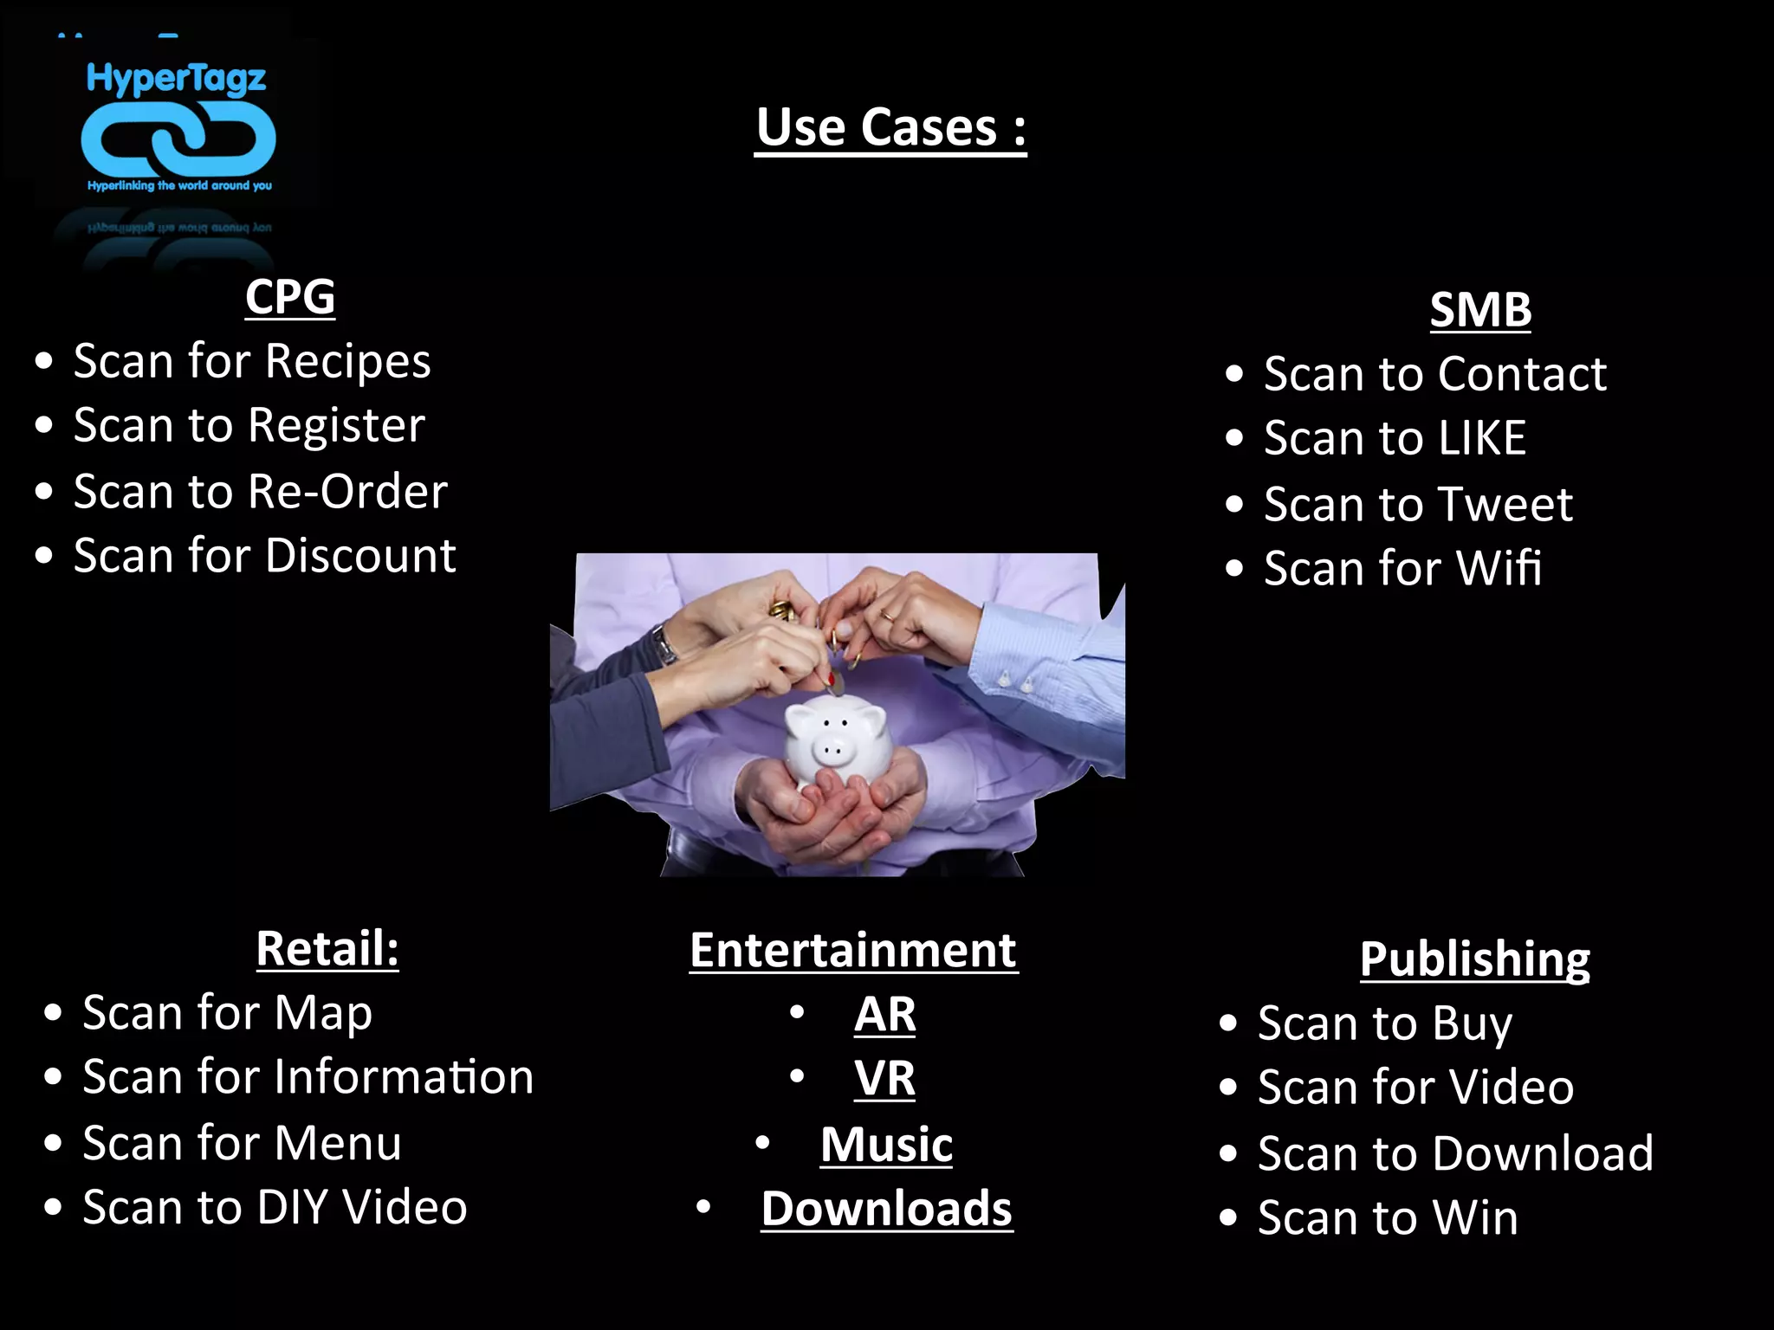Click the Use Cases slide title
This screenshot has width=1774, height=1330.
pyautogui.click(x=890, y=128)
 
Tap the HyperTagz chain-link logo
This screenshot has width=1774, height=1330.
pyautogui.click(x=178, y=139)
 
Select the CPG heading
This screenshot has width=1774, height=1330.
pyautogui.click(x=290, y=297)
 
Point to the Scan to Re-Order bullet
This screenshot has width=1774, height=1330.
pyautogui.click(x=260, y=492)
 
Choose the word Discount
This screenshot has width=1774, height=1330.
pyautogui.click(x=360, y=556)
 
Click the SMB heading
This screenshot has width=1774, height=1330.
pyautogui.click(x=1480, y=310)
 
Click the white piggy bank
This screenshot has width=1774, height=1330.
pyautogui.click(x=836, y=740)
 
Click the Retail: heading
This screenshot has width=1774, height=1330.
pyautogui.click(x=327, y=948)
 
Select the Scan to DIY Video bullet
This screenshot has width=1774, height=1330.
pyautogui.click(x=275, y=1208)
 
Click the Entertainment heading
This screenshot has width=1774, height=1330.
pyautogui.click(x=853, y=951)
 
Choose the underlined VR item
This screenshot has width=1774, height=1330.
pyautogui.click(x=884, y=1079)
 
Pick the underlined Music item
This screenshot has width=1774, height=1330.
pyautogui.click(x=886, y=1145)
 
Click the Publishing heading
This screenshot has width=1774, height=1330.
pyautogui.click(x=1474, y=959)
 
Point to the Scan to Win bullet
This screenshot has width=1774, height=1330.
pyautogui.click(x=1388, y=1218)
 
